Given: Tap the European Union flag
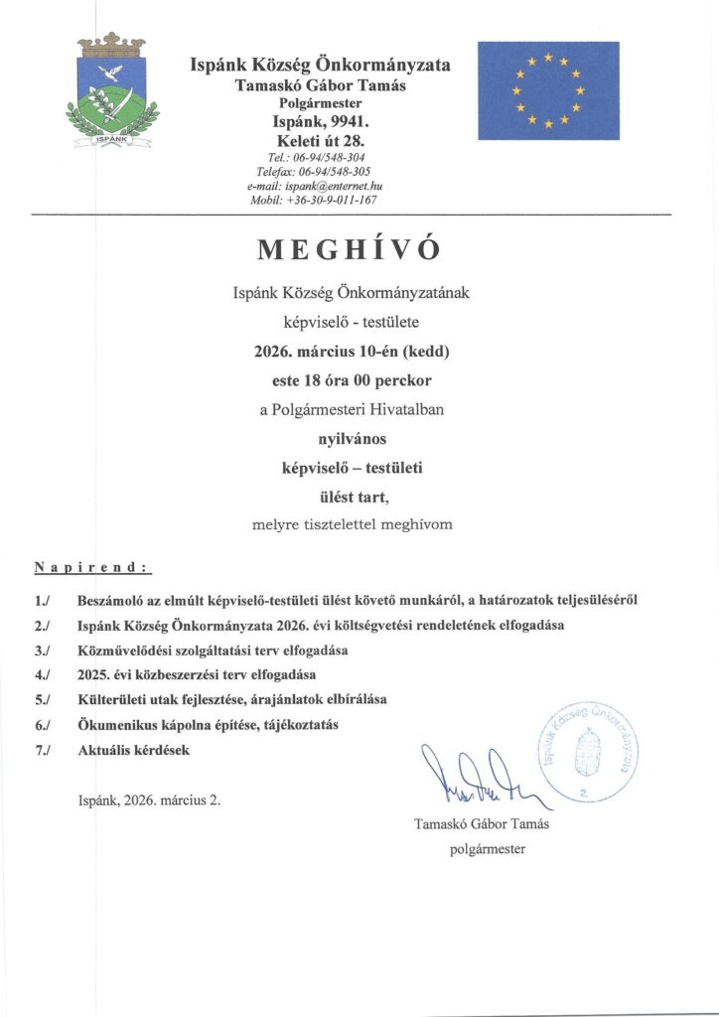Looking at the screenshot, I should pos(548,90).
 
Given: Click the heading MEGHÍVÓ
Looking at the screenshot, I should pos(348,250).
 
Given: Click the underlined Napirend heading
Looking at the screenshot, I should pos(92,568).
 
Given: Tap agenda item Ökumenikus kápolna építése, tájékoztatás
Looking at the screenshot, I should pos(208,726).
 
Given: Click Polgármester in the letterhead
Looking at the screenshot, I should pos(320,103).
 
